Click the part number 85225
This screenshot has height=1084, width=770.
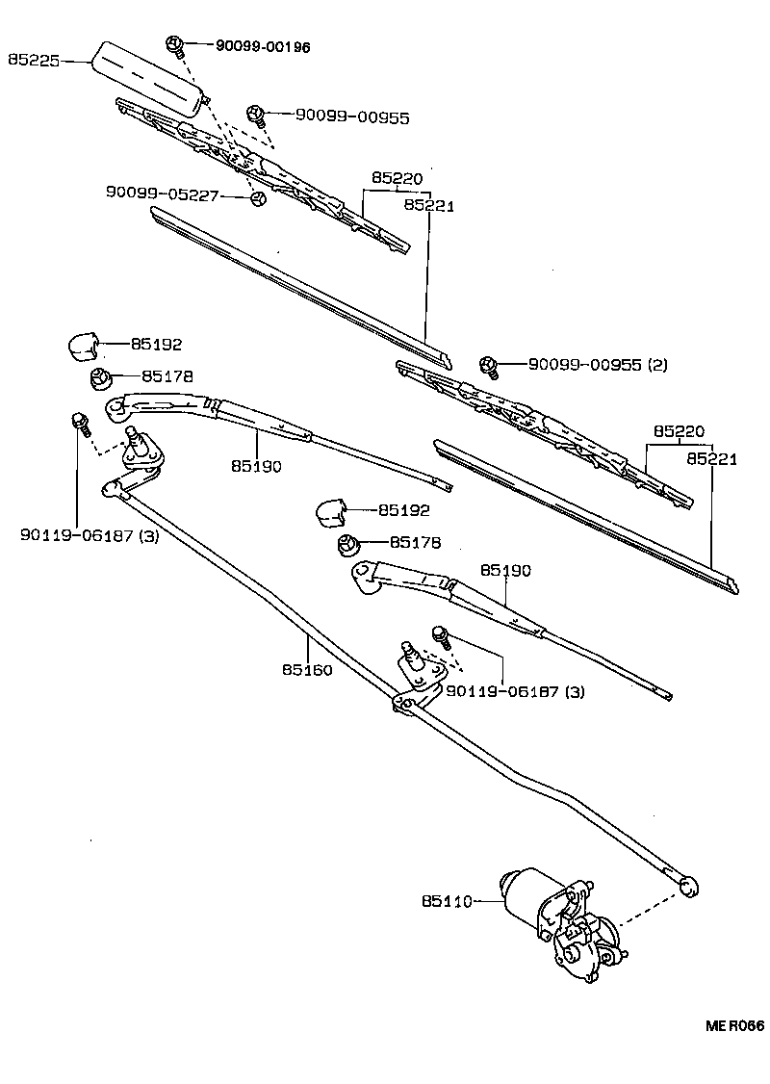[33, 60]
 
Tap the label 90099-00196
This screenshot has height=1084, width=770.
[264, 46]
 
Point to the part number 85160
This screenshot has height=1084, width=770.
[307, 669]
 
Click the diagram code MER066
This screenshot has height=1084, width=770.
[734, 1026]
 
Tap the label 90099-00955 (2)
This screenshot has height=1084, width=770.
[598, 364]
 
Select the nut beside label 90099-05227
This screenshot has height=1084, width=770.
[257, 198]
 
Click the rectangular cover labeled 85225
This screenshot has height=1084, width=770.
[149, 80]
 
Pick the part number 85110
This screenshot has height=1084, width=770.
[447, 901]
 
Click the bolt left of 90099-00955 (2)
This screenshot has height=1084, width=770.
[489, 367]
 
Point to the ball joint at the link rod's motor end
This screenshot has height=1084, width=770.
[688, 886]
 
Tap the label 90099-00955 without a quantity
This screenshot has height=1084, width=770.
[352, 116]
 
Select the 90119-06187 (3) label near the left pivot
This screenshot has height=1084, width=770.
[90, 535]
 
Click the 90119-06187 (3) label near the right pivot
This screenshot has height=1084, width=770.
[515, 690]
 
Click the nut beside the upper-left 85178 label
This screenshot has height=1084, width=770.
[101, 379]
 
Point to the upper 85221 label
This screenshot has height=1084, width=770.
[429, 205]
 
